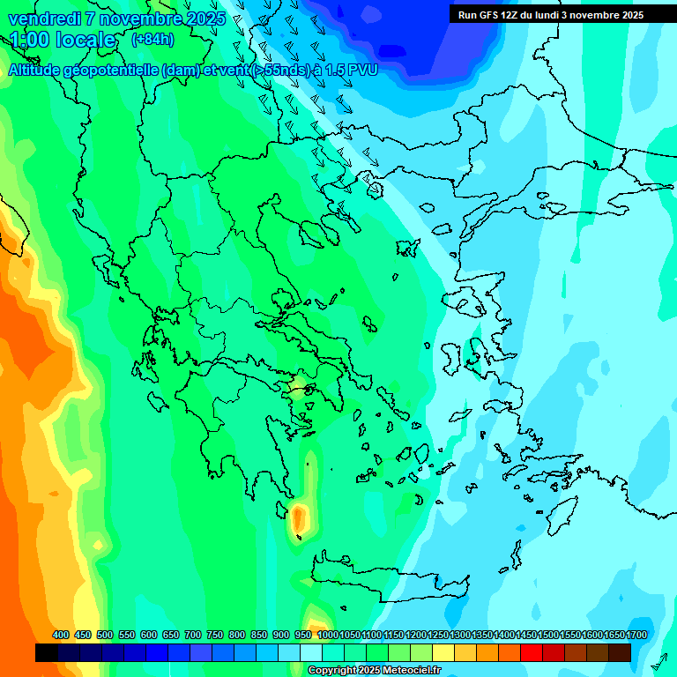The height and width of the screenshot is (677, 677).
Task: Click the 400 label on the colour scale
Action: click(61, 636)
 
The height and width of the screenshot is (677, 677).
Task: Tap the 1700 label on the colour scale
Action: click(636, 636)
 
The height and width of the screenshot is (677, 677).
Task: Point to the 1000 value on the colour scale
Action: click(328, 636)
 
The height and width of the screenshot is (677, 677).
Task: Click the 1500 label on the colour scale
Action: click(548, 636)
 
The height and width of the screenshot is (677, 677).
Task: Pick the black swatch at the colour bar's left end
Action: click(47, 652)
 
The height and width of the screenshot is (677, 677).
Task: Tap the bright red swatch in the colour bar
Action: click(532, 652)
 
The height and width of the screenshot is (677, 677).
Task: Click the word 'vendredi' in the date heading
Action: click(40, 19)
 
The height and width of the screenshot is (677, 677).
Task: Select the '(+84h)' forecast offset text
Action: click(153, 40)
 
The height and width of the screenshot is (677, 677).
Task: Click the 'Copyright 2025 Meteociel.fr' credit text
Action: click(374, 671)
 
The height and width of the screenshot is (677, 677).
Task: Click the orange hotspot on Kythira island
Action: click(299, 516)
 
